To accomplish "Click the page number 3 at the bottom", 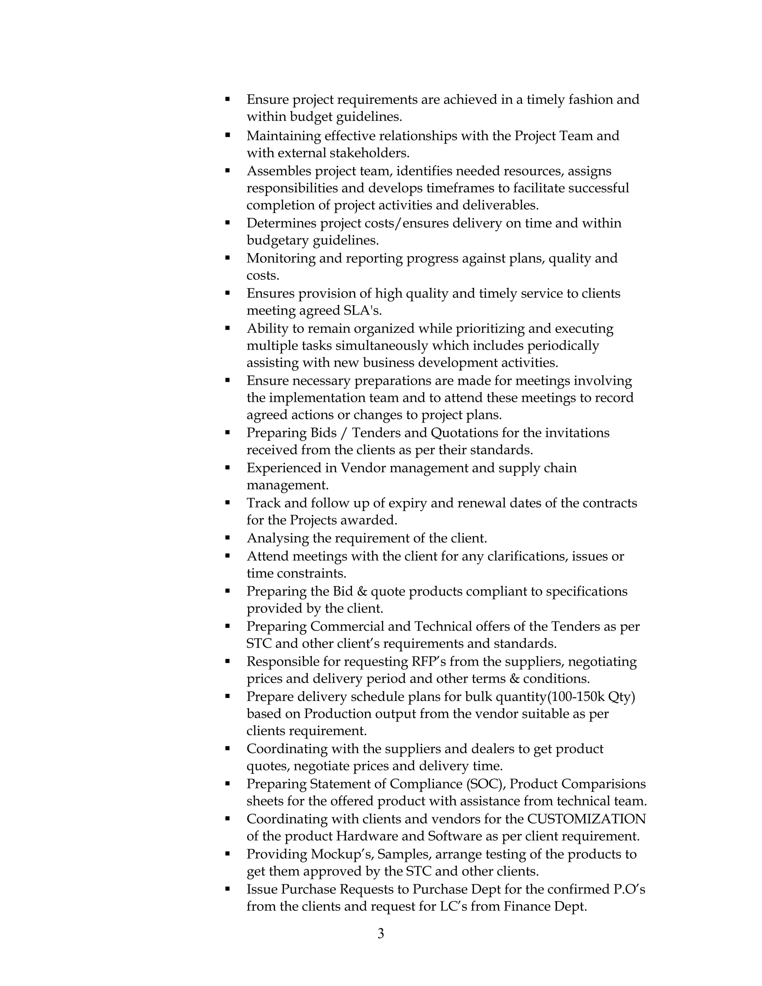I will coord(381,933).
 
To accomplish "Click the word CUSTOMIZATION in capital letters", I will coord(586,819).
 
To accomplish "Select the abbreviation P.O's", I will coord(629,889).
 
